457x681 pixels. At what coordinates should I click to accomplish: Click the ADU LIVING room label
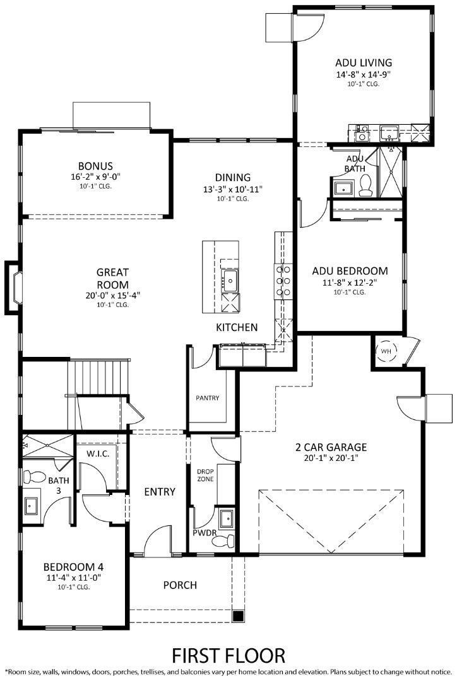tap(364, 62)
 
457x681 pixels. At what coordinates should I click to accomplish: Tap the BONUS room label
tap(95, 166)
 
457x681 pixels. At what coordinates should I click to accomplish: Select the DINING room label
tap(232, 177)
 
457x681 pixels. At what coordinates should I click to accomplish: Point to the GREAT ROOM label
tap(112, 278)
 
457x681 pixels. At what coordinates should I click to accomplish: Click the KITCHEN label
tap(237, 327)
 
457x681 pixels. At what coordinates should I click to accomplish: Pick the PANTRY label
tap(207, 398)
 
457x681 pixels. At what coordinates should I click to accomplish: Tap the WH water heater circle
tap(385, 352)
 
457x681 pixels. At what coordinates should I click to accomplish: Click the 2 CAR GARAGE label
tap(331, 448)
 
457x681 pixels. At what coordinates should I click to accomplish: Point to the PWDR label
tap(205, 533)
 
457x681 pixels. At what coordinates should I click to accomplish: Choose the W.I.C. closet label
tap(98, 453)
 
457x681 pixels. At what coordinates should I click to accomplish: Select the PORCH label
tap(180, 585)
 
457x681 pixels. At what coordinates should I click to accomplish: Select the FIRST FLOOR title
tap(228, 655)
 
